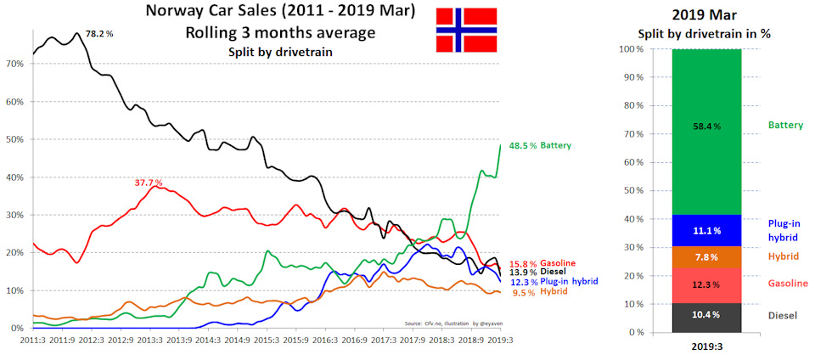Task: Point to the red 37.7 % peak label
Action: coord(149,183)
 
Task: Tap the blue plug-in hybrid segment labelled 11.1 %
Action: coord(705,230)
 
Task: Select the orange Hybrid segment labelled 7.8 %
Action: coord(705,257)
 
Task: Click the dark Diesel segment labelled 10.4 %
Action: coord(705,316)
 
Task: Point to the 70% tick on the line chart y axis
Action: coord(14,64)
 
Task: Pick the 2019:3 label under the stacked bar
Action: coord(705,346)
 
